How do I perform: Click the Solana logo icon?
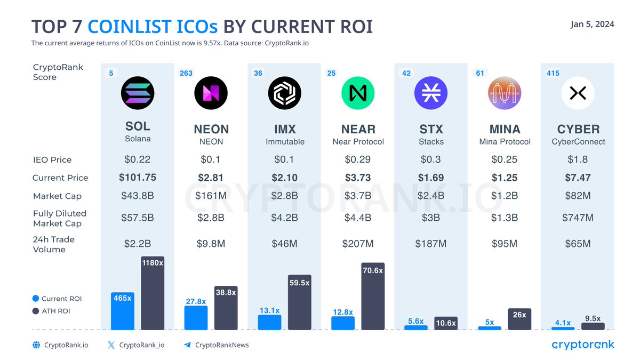(x=138, y=93)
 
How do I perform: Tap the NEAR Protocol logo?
(x=358, y=93)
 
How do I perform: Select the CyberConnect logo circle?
(x=578, y=93)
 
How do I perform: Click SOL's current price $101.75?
(x=138, y=178)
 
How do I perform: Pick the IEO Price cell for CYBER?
(x=578, y=159)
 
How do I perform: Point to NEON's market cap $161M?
(x=211, y=196)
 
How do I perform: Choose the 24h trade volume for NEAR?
(x=358, y=244)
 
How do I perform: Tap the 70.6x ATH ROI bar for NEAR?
(x=372, y=297)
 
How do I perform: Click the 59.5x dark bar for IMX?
(x=299, y=302)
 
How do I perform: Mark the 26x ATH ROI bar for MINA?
(x=519, y=319)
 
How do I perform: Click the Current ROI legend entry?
(x=57, y=299)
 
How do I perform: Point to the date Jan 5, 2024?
(x=592, y=25)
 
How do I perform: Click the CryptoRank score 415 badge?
(x=553, y=73)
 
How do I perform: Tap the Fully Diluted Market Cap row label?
(x=59, y=218)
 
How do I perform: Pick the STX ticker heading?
(x=431, y=129)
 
